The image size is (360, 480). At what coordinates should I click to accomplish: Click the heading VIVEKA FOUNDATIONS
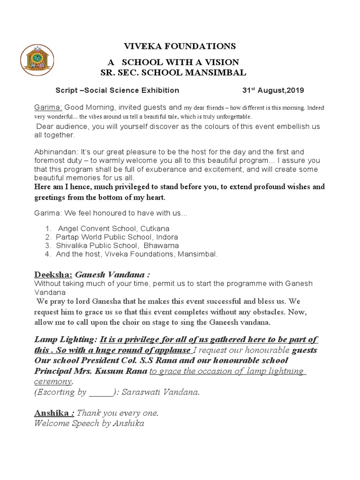[x=180, y=46]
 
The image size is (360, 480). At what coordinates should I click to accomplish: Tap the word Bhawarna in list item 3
[x=161, y=246]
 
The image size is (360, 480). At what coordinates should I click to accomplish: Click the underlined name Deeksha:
[x=53, y=274]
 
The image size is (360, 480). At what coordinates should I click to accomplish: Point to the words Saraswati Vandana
[x=160, y=392]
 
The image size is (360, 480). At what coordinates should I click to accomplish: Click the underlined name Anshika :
[x=54, y=413]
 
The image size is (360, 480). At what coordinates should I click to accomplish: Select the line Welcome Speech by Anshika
[x=89, y=423]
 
